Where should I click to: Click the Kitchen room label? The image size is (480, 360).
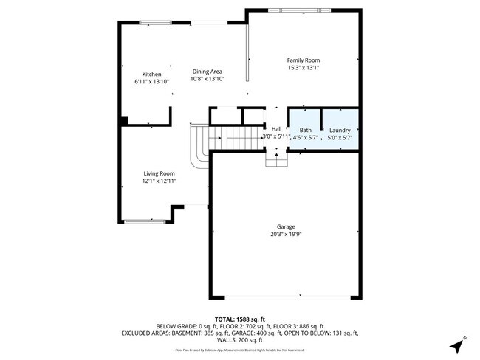pyautogui.click(x=151, y=74)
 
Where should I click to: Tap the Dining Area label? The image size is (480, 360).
pyautogui.click(x=207, y=71)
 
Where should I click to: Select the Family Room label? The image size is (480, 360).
pyautogui.click(x=303, y=60)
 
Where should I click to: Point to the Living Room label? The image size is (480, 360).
pyautogui.click(x=159, y=173)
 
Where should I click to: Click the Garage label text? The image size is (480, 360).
pyautogui.click(x=286, y=226)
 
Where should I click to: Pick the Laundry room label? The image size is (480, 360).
pyautogui.click(x=340, y=130)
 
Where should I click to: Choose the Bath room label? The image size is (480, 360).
pyautogui.click(x=305, y=130)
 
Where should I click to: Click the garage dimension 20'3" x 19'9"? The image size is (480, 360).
pyautogui.click(x=286, y=235)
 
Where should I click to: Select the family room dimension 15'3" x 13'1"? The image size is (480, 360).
pyautogui.click(x=303, y=68)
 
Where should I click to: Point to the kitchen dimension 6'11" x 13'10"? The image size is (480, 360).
pyautogui.click(x=151, y=81)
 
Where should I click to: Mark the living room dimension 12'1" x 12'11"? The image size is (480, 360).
pyautogui.click(x=159, y=181)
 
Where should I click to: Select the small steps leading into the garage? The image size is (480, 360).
pyautogui.click(x=276, y=159)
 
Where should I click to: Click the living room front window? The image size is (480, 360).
pyautogui.click(x=140, y=221)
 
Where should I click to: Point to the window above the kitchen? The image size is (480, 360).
pyautogui.click(x=154, y=22)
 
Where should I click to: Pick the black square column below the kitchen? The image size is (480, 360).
pyautogui.click(x=124, y=120)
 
